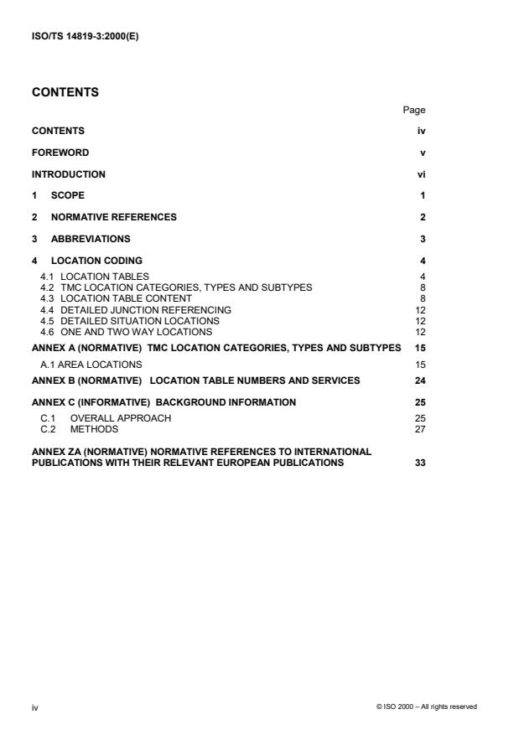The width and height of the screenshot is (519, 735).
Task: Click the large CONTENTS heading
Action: point(66,92)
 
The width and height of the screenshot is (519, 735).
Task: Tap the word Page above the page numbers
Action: point(414,110)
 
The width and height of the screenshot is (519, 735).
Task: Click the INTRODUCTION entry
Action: point(69,174)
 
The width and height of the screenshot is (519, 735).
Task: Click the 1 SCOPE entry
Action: point(59,196)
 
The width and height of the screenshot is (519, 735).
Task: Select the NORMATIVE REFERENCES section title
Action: point(113,217)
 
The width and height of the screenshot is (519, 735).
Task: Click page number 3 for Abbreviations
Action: point(423,239)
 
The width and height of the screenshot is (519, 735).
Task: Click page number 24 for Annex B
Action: point(420,380)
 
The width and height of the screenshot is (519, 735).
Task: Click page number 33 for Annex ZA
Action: point(420,463)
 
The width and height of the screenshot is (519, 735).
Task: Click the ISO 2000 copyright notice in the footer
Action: point(427,707)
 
